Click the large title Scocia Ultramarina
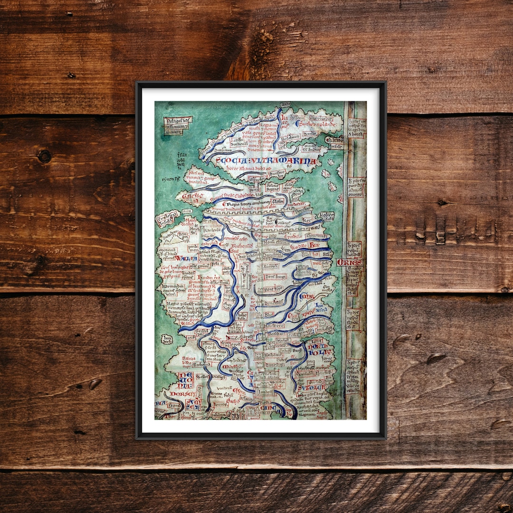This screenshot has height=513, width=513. [266, 161]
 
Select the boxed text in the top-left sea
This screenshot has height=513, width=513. [178, 124]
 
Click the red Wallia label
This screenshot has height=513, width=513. [185, 258]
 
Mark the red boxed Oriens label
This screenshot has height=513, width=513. [350, 262]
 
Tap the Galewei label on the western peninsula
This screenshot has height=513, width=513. [191, 196]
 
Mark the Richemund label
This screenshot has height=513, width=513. [242, 247]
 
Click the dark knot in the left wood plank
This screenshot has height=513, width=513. [44, 156]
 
